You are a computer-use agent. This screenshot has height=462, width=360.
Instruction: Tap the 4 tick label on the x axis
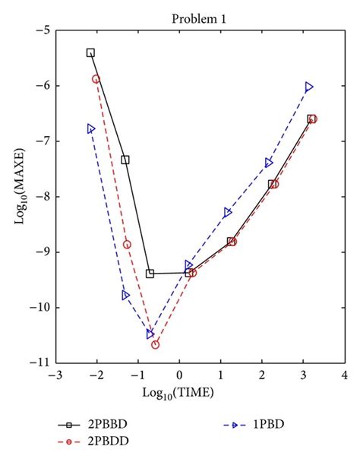345,375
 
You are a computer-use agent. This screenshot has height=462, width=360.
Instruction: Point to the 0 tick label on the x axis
179,375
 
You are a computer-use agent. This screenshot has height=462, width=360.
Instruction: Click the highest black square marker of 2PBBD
91,52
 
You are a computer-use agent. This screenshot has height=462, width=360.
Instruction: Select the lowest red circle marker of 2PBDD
155,344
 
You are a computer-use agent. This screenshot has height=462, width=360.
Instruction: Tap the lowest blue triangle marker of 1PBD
150,334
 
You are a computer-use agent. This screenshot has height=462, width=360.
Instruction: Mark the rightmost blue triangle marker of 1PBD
309,87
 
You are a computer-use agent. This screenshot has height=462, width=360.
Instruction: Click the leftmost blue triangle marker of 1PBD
91,128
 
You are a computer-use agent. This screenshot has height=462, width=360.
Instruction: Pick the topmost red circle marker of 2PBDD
96,79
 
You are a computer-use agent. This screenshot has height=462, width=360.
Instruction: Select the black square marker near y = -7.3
125,160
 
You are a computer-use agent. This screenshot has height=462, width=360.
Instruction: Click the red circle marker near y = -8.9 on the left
127,245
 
